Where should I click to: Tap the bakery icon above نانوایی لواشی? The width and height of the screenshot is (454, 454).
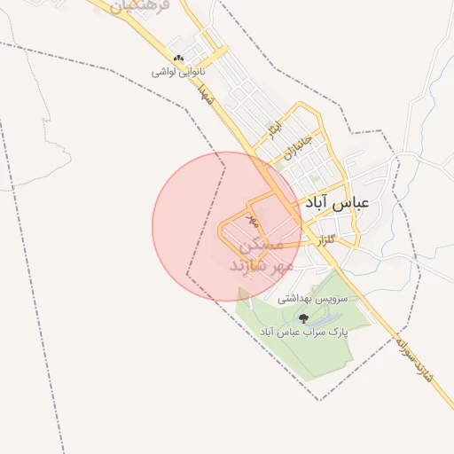179,59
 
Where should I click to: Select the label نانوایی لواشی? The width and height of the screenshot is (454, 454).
179,72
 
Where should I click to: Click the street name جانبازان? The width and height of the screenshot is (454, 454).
301,141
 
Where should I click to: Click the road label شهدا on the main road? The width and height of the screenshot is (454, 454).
207,94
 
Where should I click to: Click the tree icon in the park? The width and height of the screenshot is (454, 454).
304,317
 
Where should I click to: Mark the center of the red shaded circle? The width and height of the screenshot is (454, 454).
227,226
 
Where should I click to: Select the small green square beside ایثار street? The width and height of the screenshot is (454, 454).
269,125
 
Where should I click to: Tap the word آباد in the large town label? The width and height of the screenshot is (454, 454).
318,202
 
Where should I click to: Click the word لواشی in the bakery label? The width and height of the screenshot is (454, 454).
165,72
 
